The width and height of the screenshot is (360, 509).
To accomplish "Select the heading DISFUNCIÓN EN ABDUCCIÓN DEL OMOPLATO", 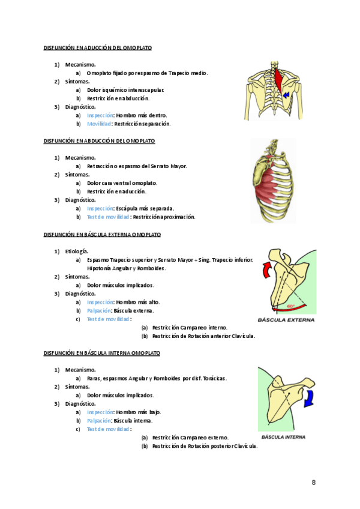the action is click(x=99, y=141).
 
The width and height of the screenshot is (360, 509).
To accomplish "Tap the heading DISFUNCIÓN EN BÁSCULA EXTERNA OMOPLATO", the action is click(x=102, y=234).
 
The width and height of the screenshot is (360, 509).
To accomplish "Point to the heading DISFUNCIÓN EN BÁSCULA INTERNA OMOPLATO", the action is click(x=102, y=354).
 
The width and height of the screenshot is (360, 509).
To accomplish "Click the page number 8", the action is click(x=314, y=482).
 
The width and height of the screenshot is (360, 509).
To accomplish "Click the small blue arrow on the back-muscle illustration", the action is click(x=287, y=95).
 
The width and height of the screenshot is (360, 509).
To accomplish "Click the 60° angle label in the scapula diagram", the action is click(x=291, y=306).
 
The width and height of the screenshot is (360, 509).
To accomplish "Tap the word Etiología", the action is click(x=77, y=251).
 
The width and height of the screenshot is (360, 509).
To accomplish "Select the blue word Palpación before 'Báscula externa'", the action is click(x=99, y=311).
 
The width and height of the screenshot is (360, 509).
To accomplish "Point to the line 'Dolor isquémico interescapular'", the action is click(x=125, y=90).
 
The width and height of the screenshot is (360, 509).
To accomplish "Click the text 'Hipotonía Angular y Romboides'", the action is click(x=126, y=268).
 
